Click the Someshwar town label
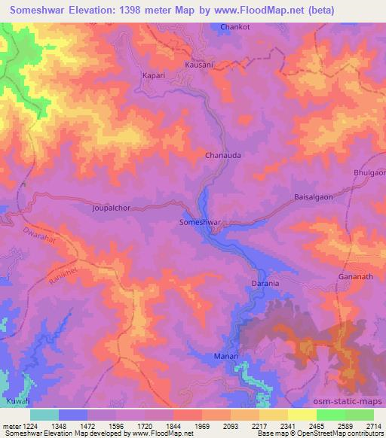200,223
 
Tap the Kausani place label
200,65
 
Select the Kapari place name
153,76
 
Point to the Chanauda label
223,156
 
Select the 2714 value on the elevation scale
374,426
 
